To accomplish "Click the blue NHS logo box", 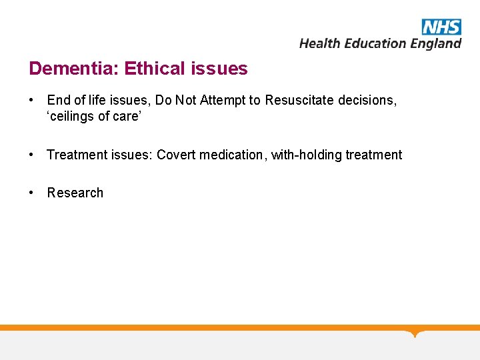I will tap(441, 27).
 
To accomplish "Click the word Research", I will tap(75, 193).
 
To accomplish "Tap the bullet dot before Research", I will tap(32, 193).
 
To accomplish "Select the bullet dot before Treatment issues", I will tap(32, 155).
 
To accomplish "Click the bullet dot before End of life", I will tap(32, 101).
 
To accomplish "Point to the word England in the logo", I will tap(435, 44).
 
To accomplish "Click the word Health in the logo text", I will tap(320, 43).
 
